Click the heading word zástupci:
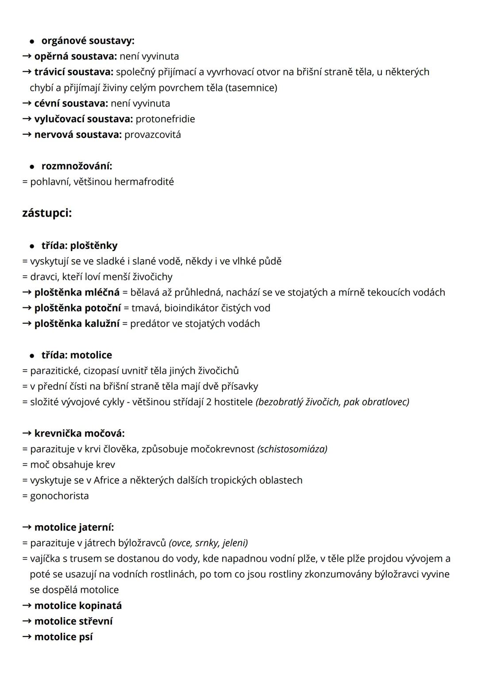pyautogui.click(x=47, y=213)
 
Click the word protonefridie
pyautogui.click(x=165, y=119)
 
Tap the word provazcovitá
pyautogui.click(x=152, y=134)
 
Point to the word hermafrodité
pyautogui.click(x=144, y=182)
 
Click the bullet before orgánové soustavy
pyautogui.click(x=32, y=41)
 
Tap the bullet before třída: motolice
pyautogui.click(x=32, y=355)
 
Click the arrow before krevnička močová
pyautogui.click(x=27, y=433)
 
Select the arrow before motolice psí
pyautogui.click(x=27, y=637)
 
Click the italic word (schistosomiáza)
pyautogui.click(x=292, y=449)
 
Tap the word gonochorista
pyautogui.click(x=59, y=496)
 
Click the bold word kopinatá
pyautogui.click(x=100, y=606)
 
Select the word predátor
pyautogui.click(x=150, y=323)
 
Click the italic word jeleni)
pyautogui.click(x=235, y=543)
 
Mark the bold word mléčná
pyautogui.click(x=102, y=292)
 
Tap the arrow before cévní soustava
pyautogui.click(x=27, y=103)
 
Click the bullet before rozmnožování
pyautogui.click(x=32, y=167)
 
